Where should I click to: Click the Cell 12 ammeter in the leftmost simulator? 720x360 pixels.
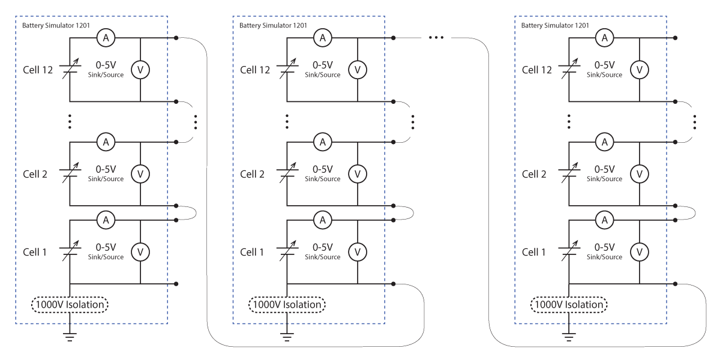(x=106, y=38)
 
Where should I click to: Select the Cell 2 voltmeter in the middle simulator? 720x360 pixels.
(x=358, y=174)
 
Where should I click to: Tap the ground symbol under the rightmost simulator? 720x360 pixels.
(x=569, y=337)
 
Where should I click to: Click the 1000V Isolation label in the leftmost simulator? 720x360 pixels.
(x=70, y=305)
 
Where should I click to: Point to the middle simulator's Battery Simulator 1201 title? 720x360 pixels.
(x=273, y=25)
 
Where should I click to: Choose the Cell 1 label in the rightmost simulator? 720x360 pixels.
(x=533, y=252)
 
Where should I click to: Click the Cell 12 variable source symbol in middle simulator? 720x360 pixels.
(x=287, y=68)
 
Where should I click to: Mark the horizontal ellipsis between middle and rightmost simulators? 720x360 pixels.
(x=436, y=38)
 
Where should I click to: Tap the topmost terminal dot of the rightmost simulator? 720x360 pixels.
(x=676, y=38)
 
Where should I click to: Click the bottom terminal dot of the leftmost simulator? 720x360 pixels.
(x=176, y=284)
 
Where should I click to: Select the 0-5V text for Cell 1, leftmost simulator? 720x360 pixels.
(x=106, y=247)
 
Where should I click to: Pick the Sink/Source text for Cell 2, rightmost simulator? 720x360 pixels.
(x=604, y=179)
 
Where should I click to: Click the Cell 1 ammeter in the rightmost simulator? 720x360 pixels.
(x=605, y=220)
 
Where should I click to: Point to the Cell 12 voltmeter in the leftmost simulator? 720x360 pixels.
(x=140, y=70)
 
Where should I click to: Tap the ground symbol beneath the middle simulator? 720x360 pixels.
(x=287, y=337)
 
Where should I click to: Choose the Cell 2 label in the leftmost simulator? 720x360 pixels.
(x=35, y=174)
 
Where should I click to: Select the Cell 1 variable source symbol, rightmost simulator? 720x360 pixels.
(x=569, y=251)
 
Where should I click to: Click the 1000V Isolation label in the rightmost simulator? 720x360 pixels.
(x=569, y=305)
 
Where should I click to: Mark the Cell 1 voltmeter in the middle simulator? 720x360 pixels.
(x=358, y=252)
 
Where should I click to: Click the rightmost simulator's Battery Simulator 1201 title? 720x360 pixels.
(x=555, y=25)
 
